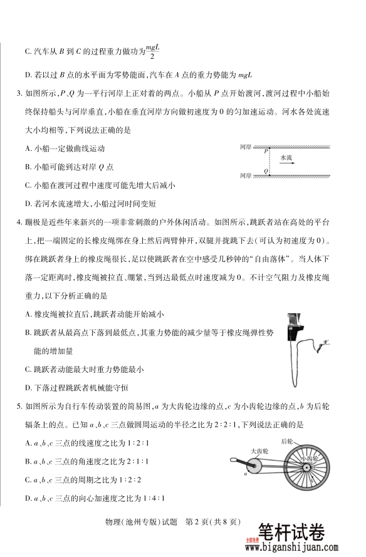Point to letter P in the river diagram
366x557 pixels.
click(x=266, y=150)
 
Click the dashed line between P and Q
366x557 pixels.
click(x=271, y=160)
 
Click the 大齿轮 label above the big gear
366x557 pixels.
click(x=259, y=450)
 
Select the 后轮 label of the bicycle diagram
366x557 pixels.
click(x=288, y=442)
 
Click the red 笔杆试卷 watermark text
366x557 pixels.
click(x=292, y=531)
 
